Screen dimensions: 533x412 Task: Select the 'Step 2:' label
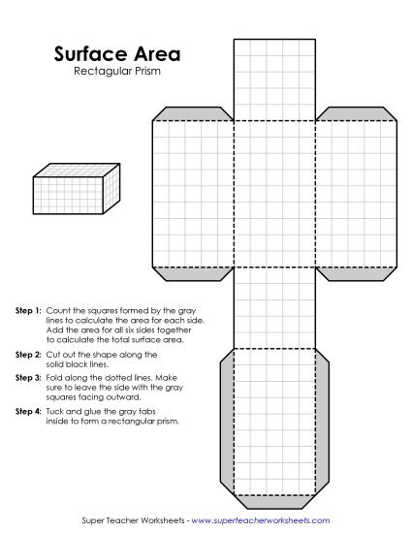point(28,356)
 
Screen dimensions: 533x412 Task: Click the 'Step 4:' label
point(28,412)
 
